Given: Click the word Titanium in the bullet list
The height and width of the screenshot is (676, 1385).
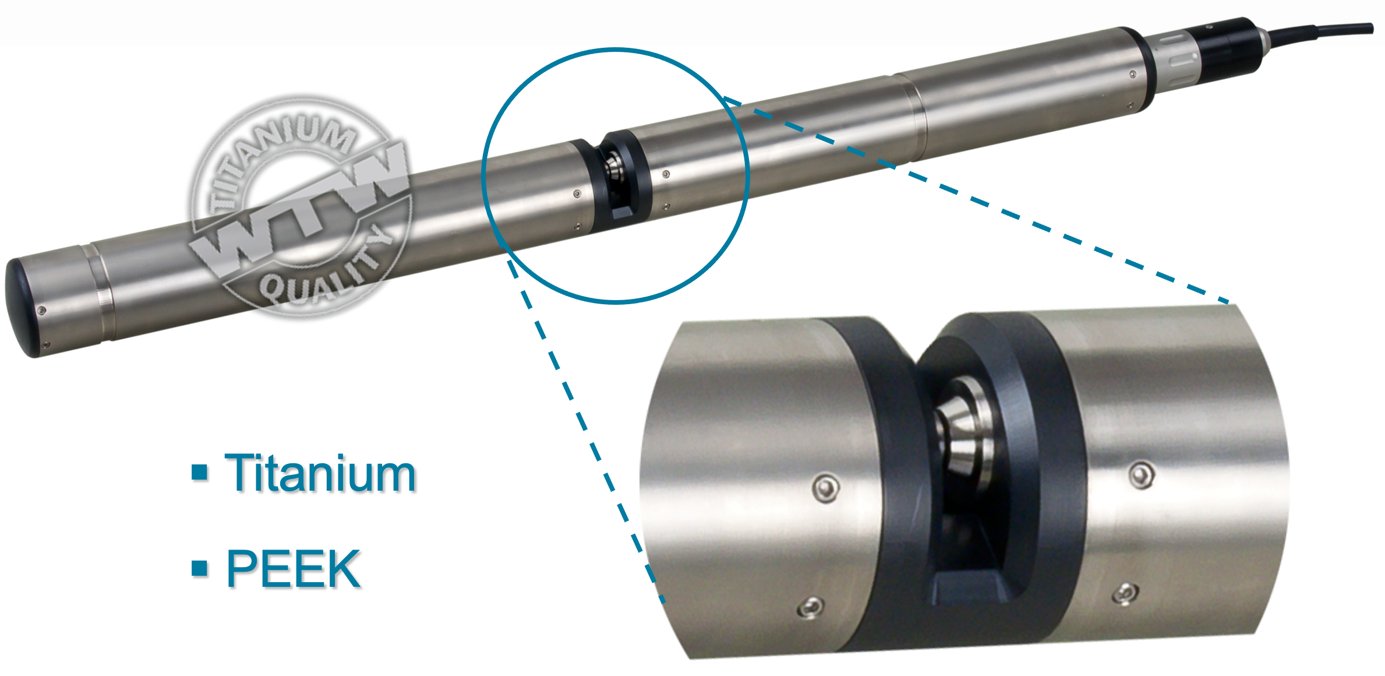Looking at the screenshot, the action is click(320, 473).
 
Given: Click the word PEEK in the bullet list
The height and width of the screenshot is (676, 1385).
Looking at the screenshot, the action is click(293, 568).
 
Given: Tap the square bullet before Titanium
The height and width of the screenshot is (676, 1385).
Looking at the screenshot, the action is click(200, 472).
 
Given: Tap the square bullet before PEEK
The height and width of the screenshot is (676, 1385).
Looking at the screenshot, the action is click(200, 568).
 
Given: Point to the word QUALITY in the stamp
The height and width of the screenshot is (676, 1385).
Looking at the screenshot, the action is click(326, 271).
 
